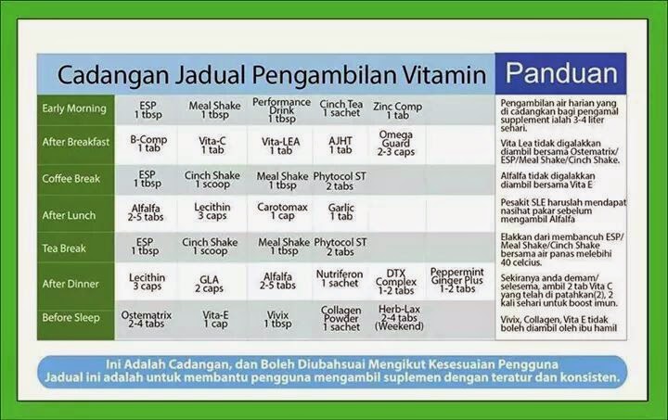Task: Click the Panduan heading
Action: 561,73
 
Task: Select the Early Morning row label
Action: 74,108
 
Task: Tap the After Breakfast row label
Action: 76,142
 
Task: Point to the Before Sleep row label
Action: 71,317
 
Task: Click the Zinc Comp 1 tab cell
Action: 397,110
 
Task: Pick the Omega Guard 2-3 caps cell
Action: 396,144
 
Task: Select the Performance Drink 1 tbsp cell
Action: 282,110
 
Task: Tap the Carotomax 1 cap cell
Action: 282,211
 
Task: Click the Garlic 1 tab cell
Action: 340,212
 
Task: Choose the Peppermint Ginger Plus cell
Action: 456,280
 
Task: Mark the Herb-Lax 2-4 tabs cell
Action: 399,318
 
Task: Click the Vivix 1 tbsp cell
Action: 277,319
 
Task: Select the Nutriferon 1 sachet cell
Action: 340,279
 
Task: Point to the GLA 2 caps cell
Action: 209,284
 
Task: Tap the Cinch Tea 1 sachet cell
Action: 341,108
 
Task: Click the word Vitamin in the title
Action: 444,75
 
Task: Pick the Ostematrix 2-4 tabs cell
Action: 147,319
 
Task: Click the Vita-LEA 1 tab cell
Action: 281,146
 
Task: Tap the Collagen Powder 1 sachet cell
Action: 340,318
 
